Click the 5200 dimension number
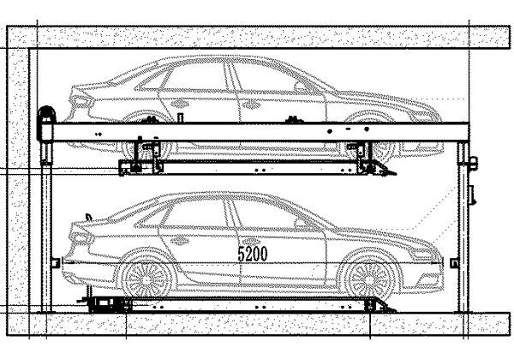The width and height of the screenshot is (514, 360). click(x=253, y=254)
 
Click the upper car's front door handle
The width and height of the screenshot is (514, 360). click(x=252, y=104)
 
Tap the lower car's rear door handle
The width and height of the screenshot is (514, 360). click(x=179, y=241)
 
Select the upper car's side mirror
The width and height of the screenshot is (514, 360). click(x=300, y=87)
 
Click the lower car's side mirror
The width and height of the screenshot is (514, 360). click(x=300, y=224)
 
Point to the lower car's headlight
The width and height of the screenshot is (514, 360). click(x=423, y=253)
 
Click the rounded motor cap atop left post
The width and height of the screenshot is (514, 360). click(x=46, y=113)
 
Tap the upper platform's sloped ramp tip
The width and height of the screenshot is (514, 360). click(x=395, y=173)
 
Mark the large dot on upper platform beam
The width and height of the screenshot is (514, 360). click(x=330, y=131)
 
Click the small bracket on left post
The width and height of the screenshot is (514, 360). click(x=56, y=263)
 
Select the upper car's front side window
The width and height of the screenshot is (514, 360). click(x=262, y=78)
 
